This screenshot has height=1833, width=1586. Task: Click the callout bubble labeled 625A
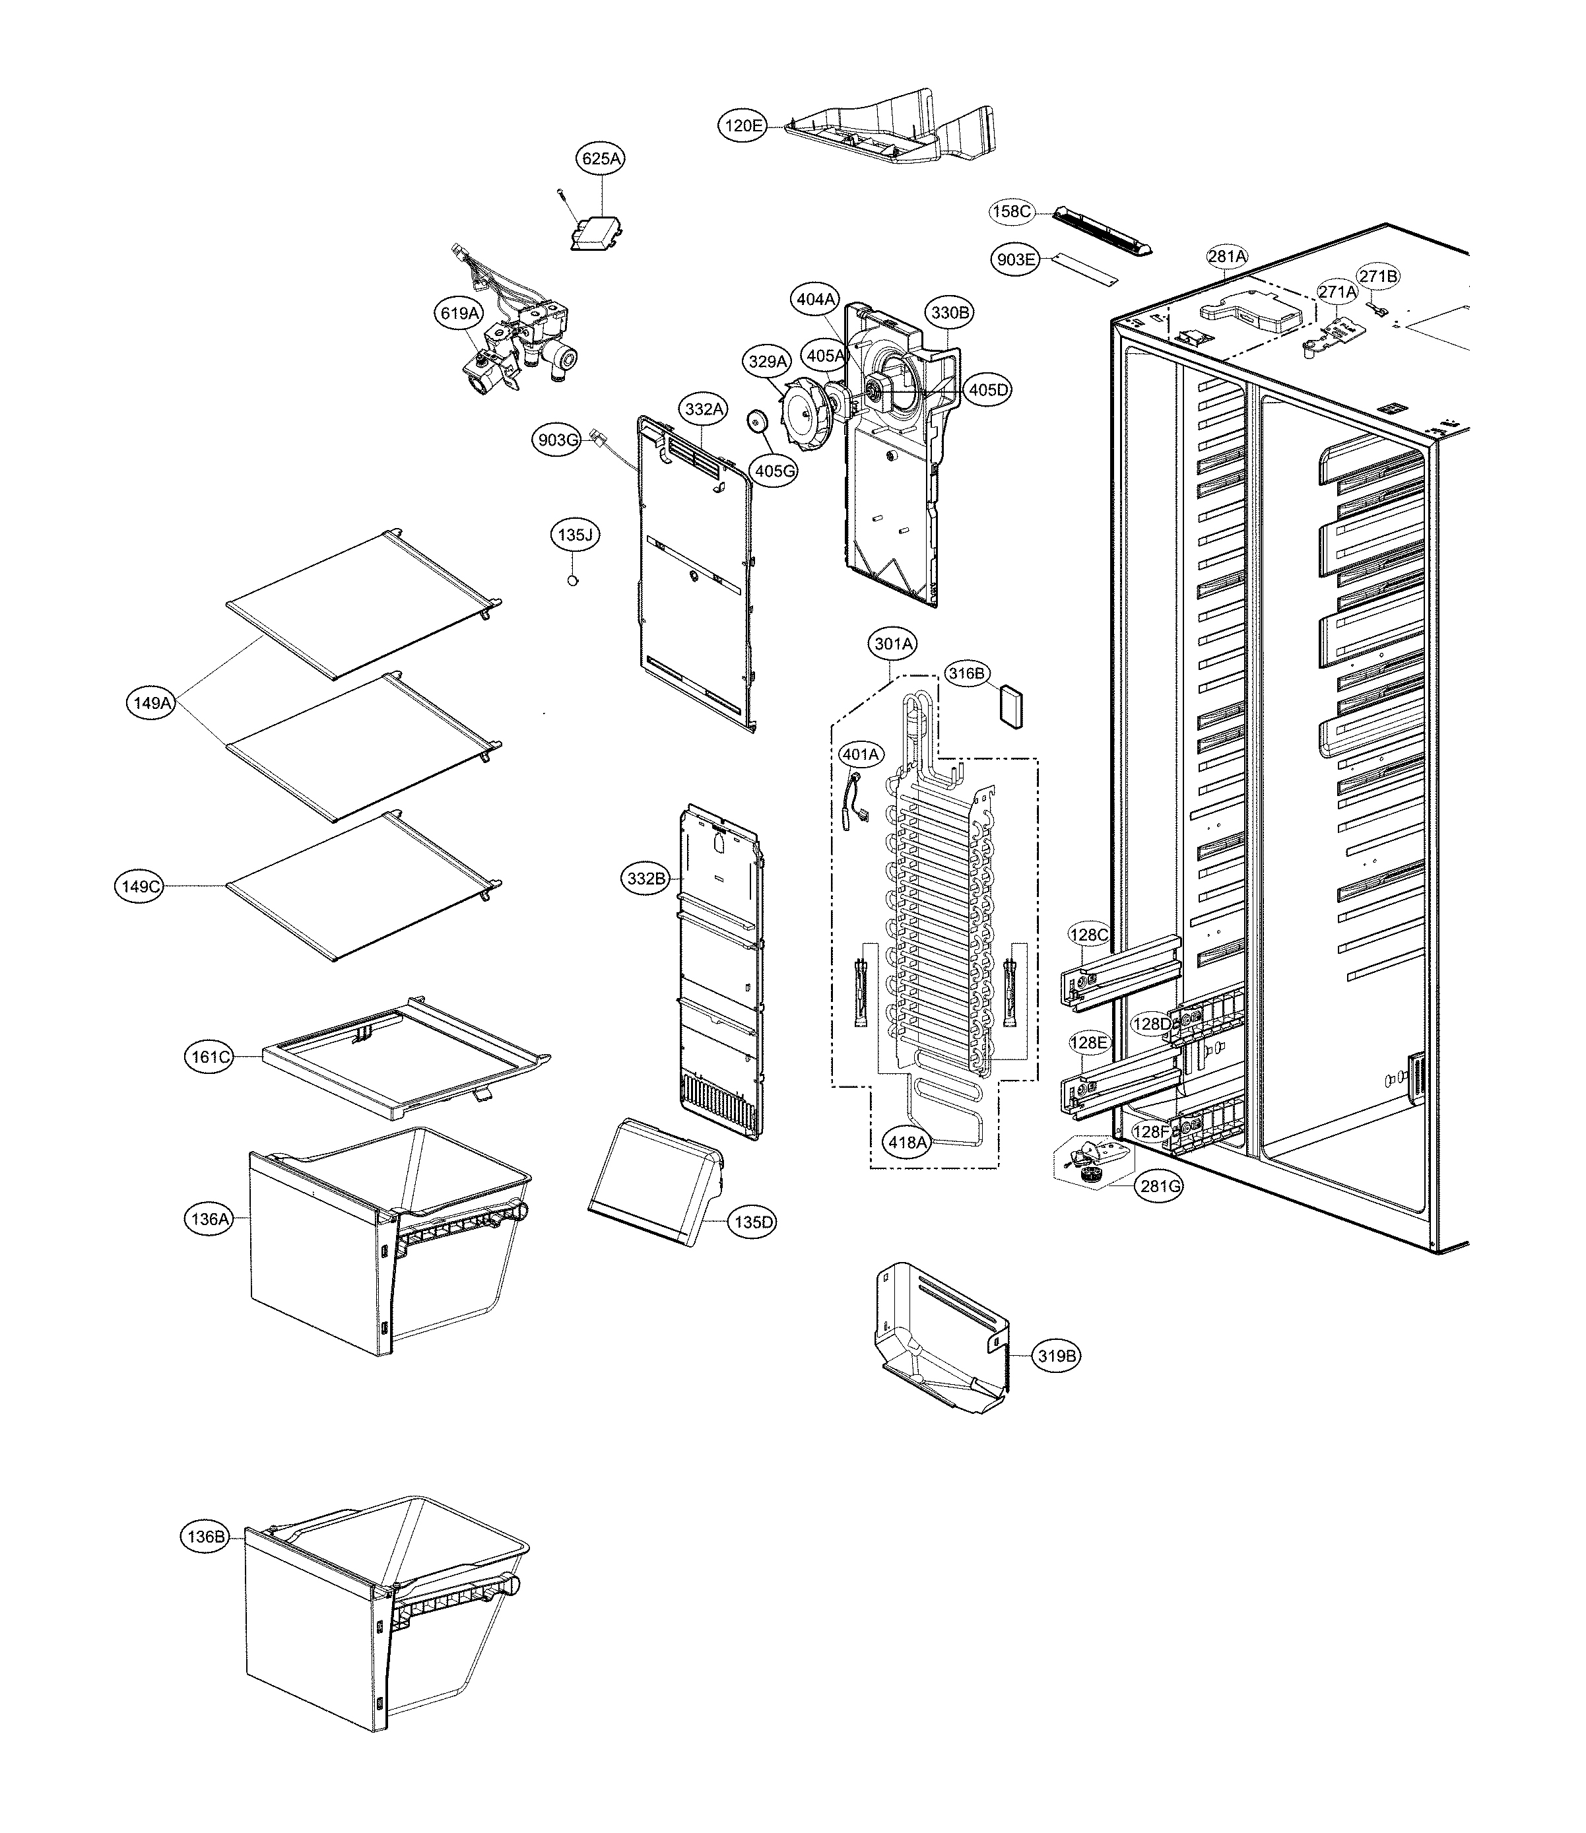601,158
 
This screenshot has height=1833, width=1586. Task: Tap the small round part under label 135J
573,581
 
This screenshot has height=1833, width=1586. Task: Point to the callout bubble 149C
140,886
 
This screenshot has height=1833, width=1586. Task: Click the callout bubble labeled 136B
205,1537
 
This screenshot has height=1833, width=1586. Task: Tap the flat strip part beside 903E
1084,270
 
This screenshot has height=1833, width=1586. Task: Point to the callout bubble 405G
774,471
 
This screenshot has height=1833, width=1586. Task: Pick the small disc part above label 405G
757,420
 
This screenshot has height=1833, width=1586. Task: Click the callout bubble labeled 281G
1160,1187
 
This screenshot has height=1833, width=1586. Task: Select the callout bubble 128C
1088,935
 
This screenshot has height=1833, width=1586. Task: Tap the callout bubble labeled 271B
1379,276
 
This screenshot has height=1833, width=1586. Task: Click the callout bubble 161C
211,1057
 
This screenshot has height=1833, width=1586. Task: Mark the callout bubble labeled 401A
860,754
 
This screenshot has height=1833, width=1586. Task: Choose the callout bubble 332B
645,879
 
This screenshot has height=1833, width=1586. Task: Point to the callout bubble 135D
752,1222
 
